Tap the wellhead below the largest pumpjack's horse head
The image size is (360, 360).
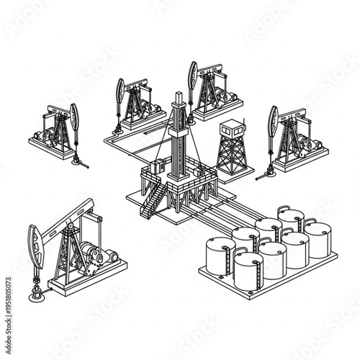tap(35, 294)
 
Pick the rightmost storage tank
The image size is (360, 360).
tap(317, 240)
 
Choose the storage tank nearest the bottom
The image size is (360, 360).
tap(248, 271)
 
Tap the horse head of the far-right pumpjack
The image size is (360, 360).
tap(273, 120)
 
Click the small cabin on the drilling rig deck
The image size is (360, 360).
tap(153, 169)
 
